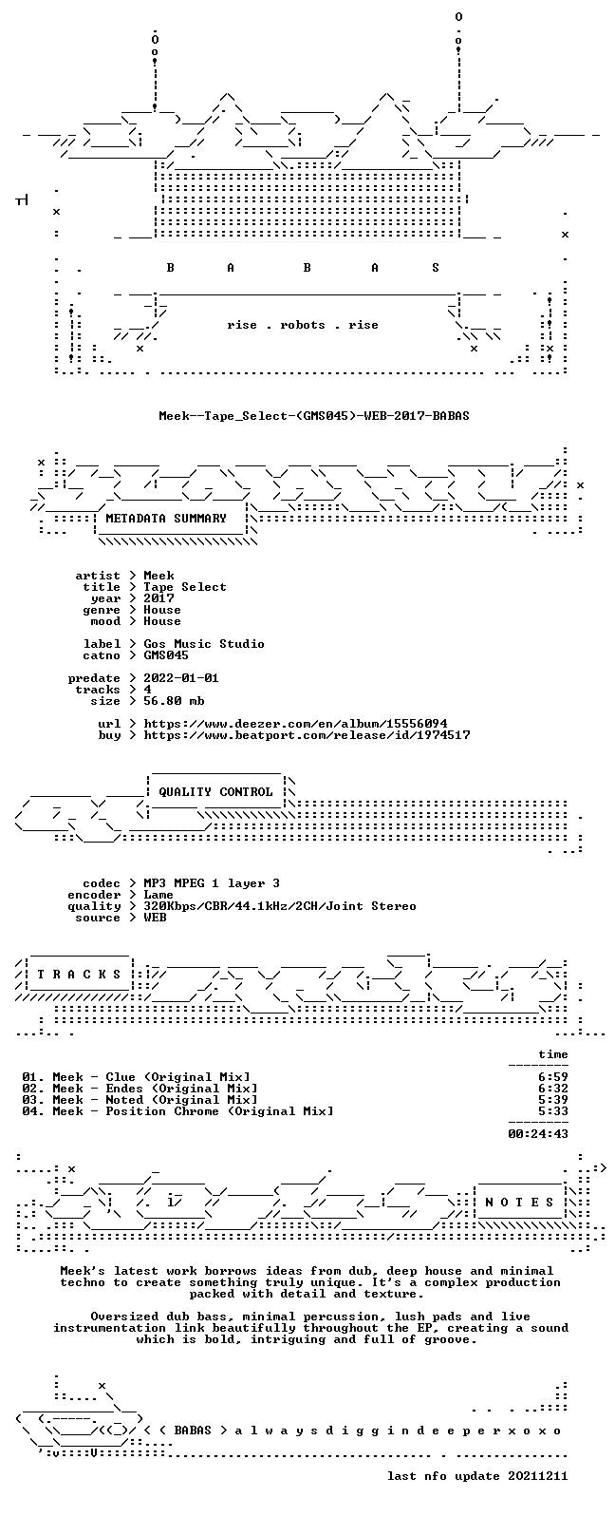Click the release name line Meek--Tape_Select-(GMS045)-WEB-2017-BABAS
coord(314,416)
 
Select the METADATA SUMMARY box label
coord(166,519)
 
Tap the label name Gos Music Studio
coord(204,644)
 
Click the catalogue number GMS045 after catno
coord(166,655)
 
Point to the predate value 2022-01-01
coord(180,678)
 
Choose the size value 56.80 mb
coord(174,701)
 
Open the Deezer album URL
coord(295,724)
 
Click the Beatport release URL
coord(307,735)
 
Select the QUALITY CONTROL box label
coord(215,792)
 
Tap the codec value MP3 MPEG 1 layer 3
coord(212,883)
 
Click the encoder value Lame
coord(158,895)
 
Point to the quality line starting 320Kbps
coord(279,906)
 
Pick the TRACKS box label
coord(79,975)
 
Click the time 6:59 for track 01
coord(552,1077)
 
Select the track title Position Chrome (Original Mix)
coord(219,1111)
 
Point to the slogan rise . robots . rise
coord(303,325)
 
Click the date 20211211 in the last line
coord(538,1476)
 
